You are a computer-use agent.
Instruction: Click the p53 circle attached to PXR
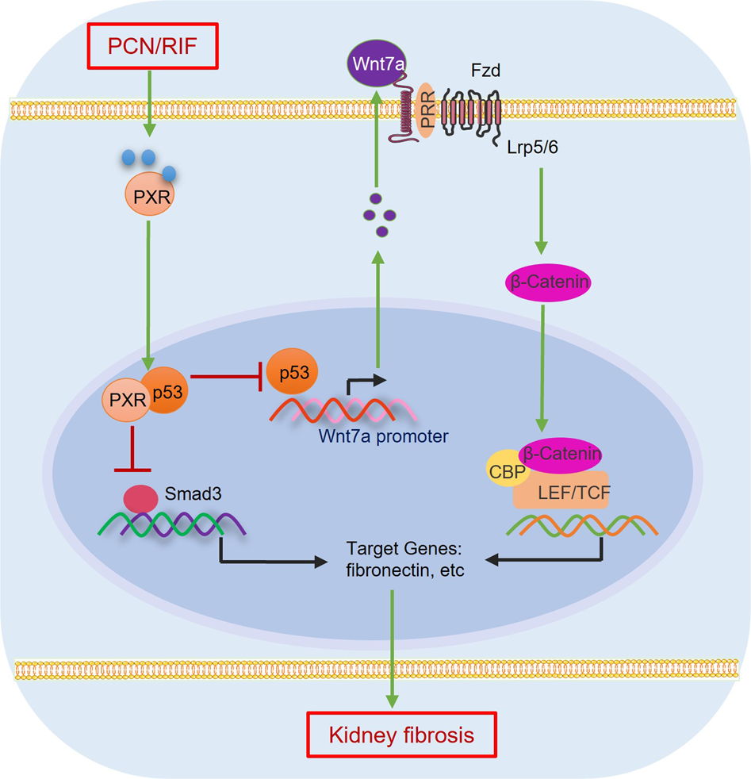coord(166,388)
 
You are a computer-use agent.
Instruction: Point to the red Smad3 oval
coord(140,497)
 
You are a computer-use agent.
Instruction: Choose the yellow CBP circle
coord(502,468)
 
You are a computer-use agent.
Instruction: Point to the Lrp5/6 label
coord(535,148)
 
